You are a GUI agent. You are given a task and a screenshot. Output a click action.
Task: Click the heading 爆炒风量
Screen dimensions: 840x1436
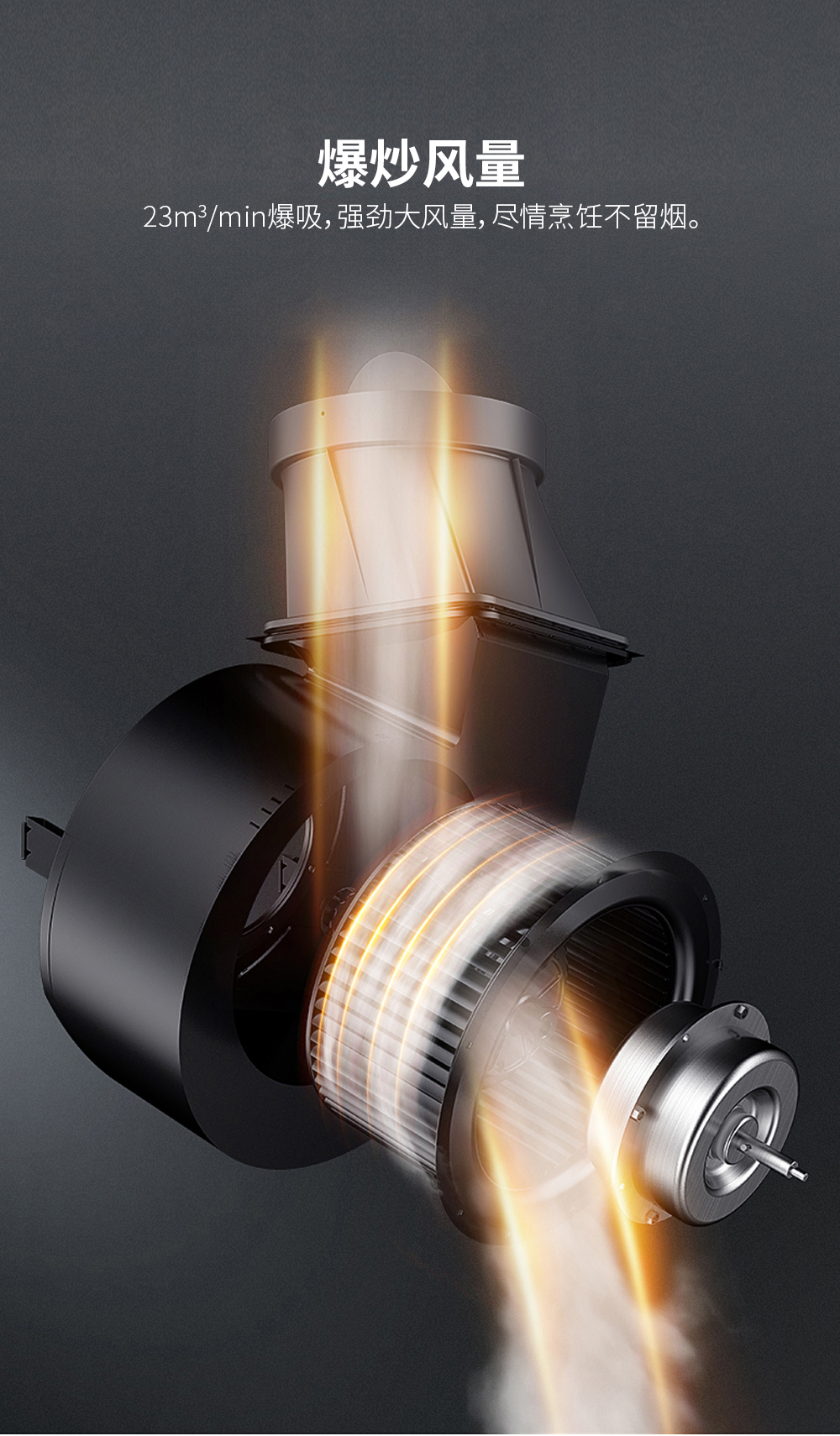pyautogui.click(x=421, y=165)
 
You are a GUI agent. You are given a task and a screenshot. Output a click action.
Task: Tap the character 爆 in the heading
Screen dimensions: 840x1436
pyautogui.click(x=343, y=165)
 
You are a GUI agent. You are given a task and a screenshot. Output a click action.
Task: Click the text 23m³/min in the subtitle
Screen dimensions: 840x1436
pyautogui.click(x=204, y=218)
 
